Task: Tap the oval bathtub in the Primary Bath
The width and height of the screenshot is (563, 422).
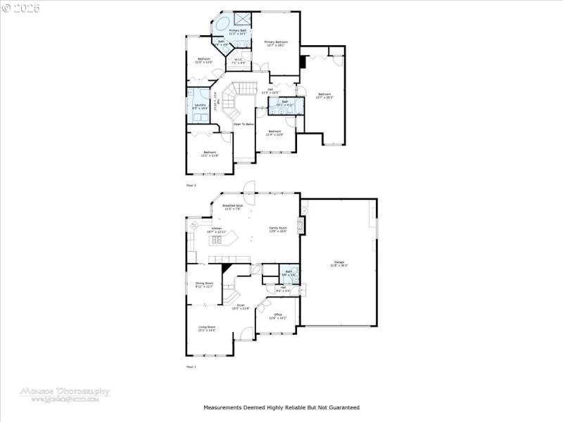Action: coord(222,25)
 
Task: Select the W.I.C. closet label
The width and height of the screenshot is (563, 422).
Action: coord(239,60)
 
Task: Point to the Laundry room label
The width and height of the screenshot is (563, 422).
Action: coord(200,105)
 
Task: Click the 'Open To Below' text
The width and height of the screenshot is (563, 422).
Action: coord(243,124)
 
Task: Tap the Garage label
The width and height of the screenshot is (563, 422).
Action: coord(339,264)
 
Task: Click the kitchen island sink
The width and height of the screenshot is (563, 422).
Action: coord(217,241)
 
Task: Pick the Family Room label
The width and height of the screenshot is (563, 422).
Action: coord(278,229)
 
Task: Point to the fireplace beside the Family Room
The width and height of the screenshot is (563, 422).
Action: coord(302,226)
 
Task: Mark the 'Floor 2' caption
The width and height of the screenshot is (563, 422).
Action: coord(191,185)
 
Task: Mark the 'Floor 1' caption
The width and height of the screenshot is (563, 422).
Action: coord(191,367)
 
